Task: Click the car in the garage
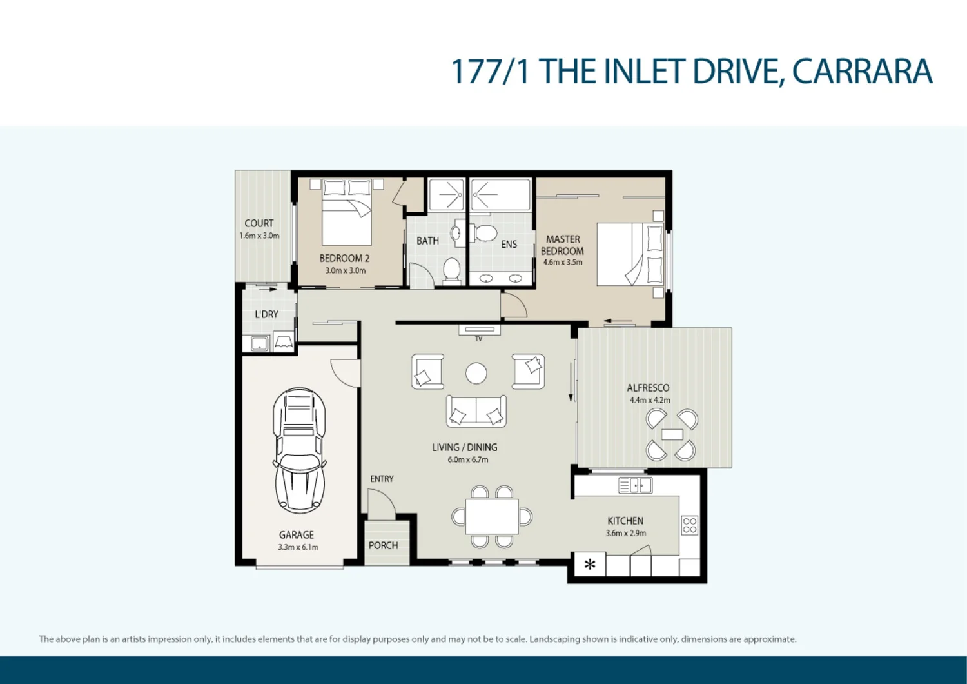coord(299,450)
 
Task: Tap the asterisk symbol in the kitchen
coord(590,565)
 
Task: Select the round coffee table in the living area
coord(476,373)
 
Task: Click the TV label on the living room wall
coord(478,339)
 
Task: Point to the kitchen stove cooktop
coord(689,525)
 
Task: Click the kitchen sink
coord(635,485)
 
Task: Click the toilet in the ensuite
coord(484,233)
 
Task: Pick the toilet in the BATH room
coord(452,271)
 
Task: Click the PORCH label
coord(384,546)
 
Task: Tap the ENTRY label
coord(382,479)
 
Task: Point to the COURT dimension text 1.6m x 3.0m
coord(259,236)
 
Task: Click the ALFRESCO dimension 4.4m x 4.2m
coord(649,400)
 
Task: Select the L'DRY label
coord(266,314)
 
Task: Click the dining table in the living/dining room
coord(492,516)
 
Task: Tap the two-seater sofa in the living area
coord(476,412)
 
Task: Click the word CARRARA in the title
coord(862,72)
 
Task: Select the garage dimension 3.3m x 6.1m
coord(298,547)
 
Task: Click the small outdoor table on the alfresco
coord(672,435)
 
